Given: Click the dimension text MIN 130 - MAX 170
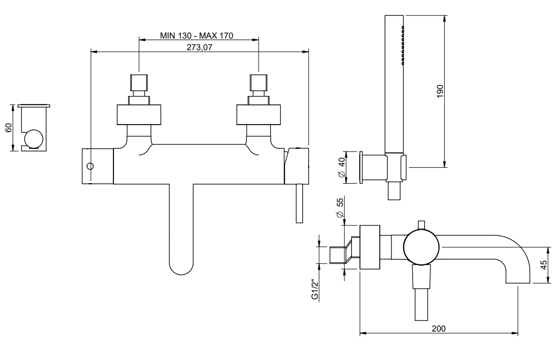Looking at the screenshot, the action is point(196,36).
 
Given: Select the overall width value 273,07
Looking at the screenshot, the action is point(199,47).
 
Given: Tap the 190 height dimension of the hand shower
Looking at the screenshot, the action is point(440,91).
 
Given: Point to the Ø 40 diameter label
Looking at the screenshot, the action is point(341,168).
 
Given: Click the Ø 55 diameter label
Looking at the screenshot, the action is point(340,208).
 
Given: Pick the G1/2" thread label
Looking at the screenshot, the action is point(315,289).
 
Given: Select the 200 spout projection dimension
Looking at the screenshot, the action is point(438,328).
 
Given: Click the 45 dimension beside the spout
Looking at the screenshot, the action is point(543,264).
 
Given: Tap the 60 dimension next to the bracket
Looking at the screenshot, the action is point(8,128).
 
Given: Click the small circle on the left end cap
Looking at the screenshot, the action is point(90,166).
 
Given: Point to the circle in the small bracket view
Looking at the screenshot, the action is point(34,139).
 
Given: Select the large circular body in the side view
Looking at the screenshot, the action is point(421,247).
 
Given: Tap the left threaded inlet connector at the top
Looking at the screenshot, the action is point(139,82).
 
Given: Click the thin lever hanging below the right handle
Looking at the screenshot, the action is point(299,203).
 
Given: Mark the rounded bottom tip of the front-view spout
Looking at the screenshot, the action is point(182,274).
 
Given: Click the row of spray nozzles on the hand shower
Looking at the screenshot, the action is point(403,45).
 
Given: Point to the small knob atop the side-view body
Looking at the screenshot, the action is point(421,225).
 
